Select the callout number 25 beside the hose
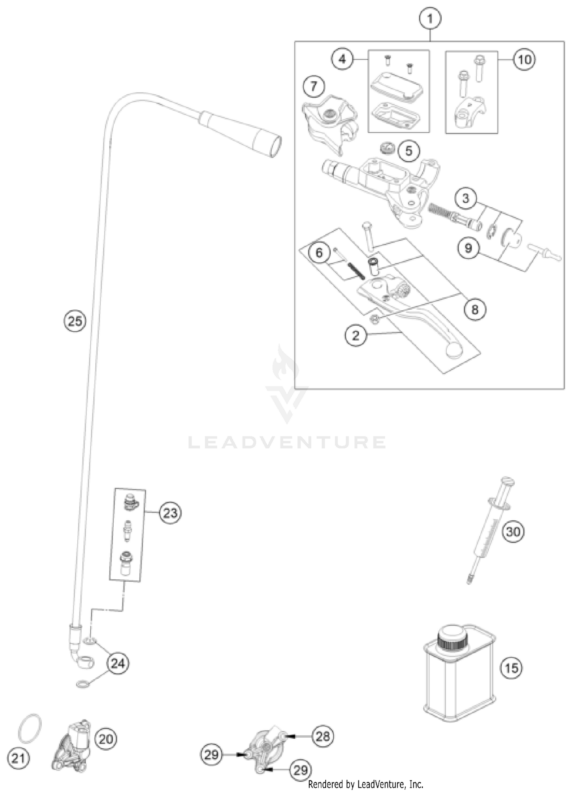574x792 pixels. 75,321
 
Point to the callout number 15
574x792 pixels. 511,668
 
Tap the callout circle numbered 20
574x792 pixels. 106,739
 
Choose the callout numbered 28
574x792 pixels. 323,736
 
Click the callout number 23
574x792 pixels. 170,513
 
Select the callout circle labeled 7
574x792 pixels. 314,86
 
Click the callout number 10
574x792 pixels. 524,60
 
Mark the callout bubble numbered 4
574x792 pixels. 342,59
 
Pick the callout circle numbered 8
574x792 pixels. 475,309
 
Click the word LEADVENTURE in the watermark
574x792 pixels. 287,443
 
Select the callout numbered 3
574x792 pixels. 466,198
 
